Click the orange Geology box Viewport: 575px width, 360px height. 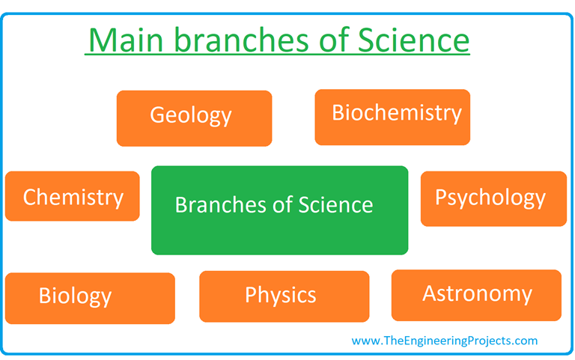click(x=194, y=118)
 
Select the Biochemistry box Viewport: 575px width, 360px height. click(x=392, y=117)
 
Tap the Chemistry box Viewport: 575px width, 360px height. click(x=72, y=196)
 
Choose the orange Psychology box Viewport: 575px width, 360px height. click(x=493, y=198)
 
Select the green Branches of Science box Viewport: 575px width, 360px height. click(x=279, y=210)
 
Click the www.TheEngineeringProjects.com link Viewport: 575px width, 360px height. click(x=444, y=341)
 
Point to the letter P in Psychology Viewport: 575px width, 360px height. click(x=442, y=198)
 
